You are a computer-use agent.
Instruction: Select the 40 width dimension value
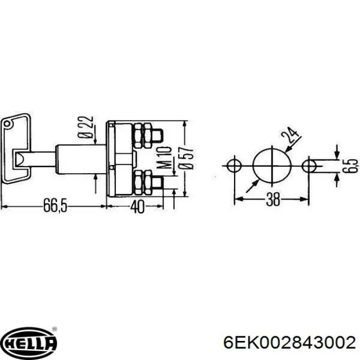click(x=137, y=206)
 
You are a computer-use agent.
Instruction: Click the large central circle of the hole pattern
click(x=272, y=165)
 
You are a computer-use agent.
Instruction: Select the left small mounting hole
click(x=234, y=165)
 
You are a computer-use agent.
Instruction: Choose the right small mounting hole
click(x=310, y=165)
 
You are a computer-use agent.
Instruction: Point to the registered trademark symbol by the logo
click(x=55, y=330)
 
